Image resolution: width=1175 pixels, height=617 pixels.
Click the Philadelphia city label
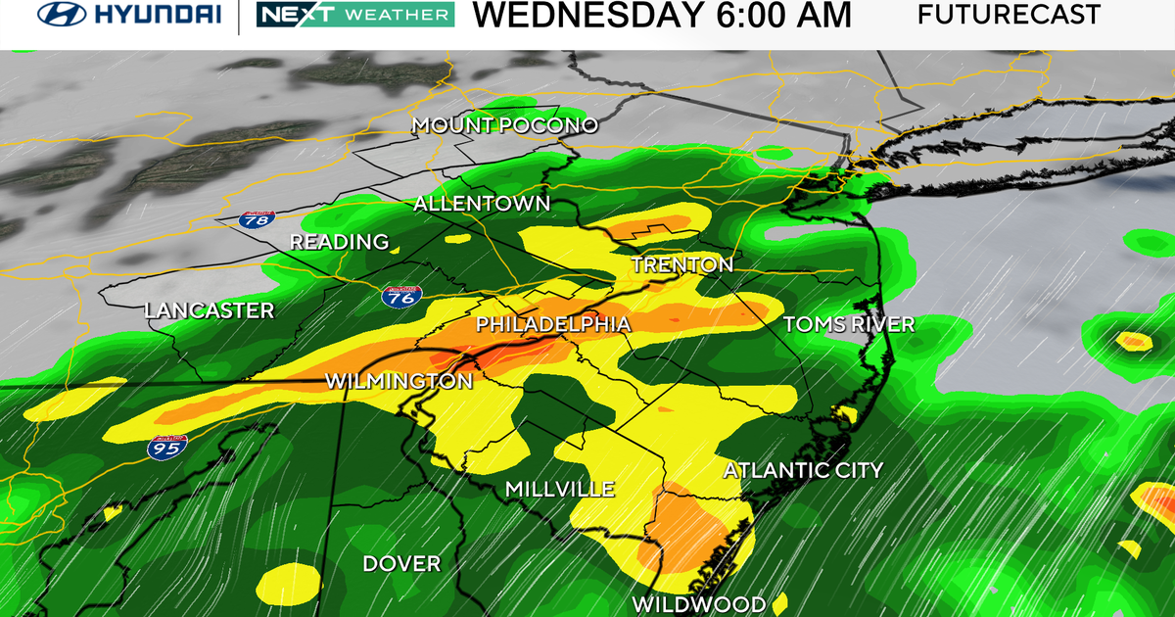(x=552, y=323)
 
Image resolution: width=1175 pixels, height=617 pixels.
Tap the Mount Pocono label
(x=504, y=125)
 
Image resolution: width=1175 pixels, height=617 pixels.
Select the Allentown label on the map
(x=482, y=204)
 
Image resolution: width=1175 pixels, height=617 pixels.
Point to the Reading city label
(x=340, y=242)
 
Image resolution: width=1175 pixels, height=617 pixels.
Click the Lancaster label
(x=210, y=310)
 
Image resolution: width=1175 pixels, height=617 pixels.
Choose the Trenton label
(x=681, y=264)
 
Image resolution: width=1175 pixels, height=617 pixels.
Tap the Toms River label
(x=849, y=324)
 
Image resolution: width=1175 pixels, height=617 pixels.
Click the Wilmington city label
(x=399, y=381)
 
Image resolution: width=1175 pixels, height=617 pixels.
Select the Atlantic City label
(x=803, y=471)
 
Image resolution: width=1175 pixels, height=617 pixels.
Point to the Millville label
(x=559, y=489)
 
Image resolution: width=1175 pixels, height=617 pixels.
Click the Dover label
(x=401, y=564)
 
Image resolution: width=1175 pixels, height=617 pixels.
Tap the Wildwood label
(x=697, y=602)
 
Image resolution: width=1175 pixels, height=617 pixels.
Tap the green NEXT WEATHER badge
(x=354, y=15)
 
